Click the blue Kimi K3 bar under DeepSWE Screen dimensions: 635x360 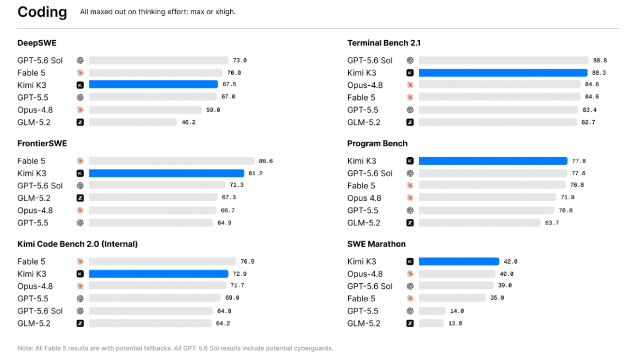153,84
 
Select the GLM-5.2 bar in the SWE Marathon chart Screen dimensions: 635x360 431,323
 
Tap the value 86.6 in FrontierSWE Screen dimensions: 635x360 266,161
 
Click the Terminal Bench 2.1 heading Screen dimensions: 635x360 384,43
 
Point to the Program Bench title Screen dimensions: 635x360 377,143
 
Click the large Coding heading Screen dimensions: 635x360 42,12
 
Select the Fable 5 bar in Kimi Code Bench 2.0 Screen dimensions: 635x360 162,262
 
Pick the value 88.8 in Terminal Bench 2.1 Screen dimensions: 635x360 600,60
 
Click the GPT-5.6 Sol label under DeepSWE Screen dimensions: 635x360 40,60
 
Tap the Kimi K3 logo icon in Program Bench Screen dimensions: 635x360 410,161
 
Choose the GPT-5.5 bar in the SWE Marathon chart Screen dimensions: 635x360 432,311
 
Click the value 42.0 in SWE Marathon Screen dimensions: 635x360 510,262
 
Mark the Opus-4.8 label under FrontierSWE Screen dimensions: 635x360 35,211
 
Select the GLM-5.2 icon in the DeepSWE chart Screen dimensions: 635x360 80,122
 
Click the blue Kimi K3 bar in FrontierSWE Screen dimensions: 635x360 166,173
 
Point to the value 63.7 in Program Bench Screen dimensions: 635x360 552,223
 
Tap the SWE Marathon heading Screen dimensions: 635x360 376,244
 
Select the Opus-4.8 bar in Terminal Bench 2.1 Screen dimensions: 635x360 500,84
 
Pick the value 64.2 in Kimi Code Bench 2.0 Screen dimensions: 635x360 223,323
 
